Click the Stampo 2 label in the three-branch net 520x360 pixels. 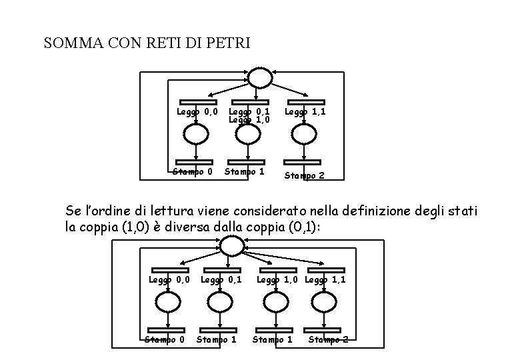pos(305,176)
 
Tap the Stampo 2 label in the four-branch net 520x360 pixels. pos(328,339)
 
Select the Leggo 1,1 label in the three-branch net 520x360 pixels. pos(305,112)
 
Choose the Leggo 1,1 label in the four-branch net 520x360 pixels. pos(325,279)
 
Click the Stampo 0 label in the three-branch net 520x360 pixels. pos(193,172)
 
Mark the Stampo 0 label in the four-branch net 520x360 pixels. pos(165,339)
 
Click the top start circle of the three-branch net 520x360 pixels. pos(259,78)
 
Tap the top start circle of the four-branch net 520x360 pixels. pos(232,246)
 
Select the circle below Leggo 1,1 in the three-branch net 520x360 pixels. pos(304,135)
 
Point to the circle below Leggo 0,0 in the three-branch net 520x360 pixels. pos(196,135)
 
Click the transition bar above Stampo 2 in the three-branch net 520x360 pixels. pos(302,161)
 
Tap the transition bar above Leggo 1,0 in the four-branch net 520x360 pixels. pos(277,270)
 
